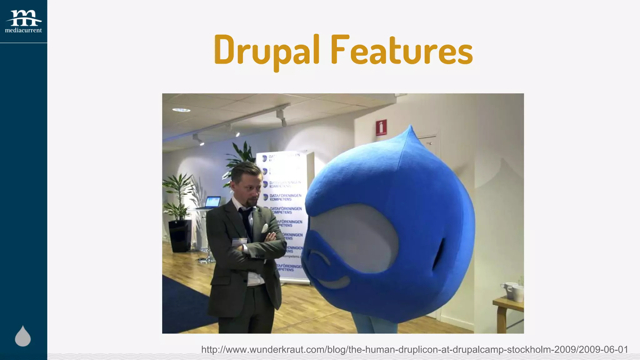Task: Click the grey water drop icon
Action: tap(23, 337)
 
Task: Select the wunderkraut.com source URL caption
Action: tap(414, 349)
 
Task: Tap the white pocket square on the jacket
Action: tap(265, 228)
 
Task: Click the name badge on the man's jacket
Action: tap(239, 242)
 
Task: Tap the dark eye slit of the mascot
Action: tap(438, 255)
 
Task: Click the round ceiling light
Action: tap(181, 110)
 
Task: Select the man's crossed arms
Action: tap(256, 244)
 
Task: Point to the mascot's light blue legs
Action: tap(375, 327)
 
